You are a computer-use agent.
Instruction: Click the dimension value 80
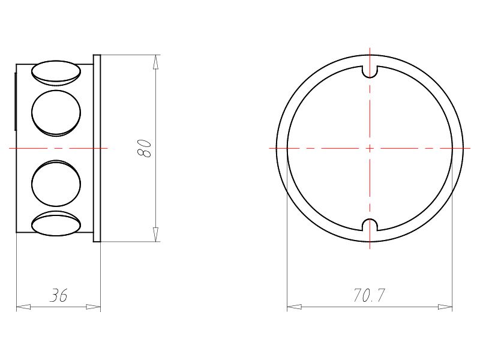[145, 148]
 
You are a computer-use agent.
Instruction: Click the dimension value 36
[58, 295]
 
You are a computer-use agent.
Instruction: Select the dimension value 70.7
[369, 295]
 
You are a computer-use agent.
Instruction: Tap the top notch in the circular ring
[370, 70]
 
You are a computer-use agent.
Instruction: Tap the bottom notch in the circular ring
[370, 226]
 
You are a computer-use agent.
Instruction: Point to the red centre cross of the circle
[370, 148]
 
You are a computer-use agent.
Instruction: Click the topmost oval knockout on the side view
[56, 71]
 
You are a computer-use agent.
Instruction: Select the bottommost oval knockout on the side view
[56, 224]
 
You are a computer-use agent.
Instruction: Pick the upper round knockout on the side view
[56, 112]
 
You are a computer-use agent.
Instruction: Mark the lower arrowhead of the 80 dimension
[156, 235]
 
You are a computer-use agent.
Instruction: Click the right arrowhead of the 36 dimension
[94, 307]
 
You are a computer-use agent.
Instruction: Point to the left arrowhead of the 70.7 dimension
[294, 307]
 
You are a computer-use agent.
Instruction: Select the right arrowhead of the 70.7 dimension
[445, 307]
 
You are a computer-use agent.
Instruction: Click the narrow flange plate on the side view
[97, 148]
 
